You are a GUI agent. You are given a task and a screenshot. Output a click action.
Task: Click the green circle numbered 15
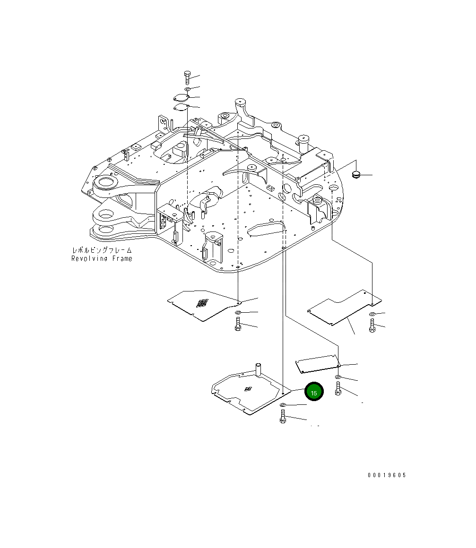coord(313,392)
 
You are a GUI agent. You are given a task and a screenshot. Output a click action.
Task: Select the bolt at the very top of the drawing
coord(187,77)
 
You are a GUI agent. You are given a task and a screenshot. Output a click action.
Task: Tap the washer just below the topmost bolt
coord(187,89)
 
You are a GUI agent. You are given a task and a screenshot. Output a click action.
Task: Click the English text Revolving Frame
coord(102,258)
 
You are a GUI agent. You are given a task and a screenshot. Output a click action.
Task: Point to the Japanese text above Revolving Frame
coord(102,250)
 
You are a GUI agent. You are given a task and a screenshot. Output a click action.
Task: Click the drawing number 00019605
coord(387,475)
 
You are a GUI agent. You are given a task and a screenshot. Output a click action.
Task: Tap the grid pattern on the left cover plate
coord(202,303)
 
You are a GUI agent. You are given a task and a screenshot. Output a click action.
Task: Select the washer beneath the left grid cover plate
coord(238,313)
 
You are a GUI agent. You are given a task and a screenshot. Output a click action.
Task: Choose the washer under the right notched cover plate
coord(372,314)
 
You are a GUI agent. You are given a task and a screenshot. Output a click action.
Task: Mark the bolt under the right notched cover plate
coord(372,325)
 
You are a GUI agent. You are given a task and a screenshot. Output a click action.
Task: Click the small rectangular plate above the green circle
coord(317,363)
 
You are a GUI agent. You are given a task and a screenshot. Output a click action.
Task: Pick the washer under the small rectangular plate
coord(338,377)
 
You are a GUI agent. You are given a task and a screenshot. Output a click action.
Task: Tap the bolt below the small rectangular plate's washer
coord(338,389)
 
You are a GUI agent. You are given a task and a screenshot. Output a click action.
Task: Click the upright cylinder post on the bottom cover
coord(259,369)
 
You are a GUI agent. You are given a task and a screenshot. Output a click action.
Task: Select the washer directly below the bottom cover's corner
coord(283,406)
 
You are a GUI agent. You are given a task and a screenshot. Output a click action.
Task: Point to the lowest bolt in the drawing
coord(283,417)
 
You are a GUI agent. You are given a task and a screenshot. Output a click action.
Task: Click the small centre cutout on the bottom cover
coord(248,389)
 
